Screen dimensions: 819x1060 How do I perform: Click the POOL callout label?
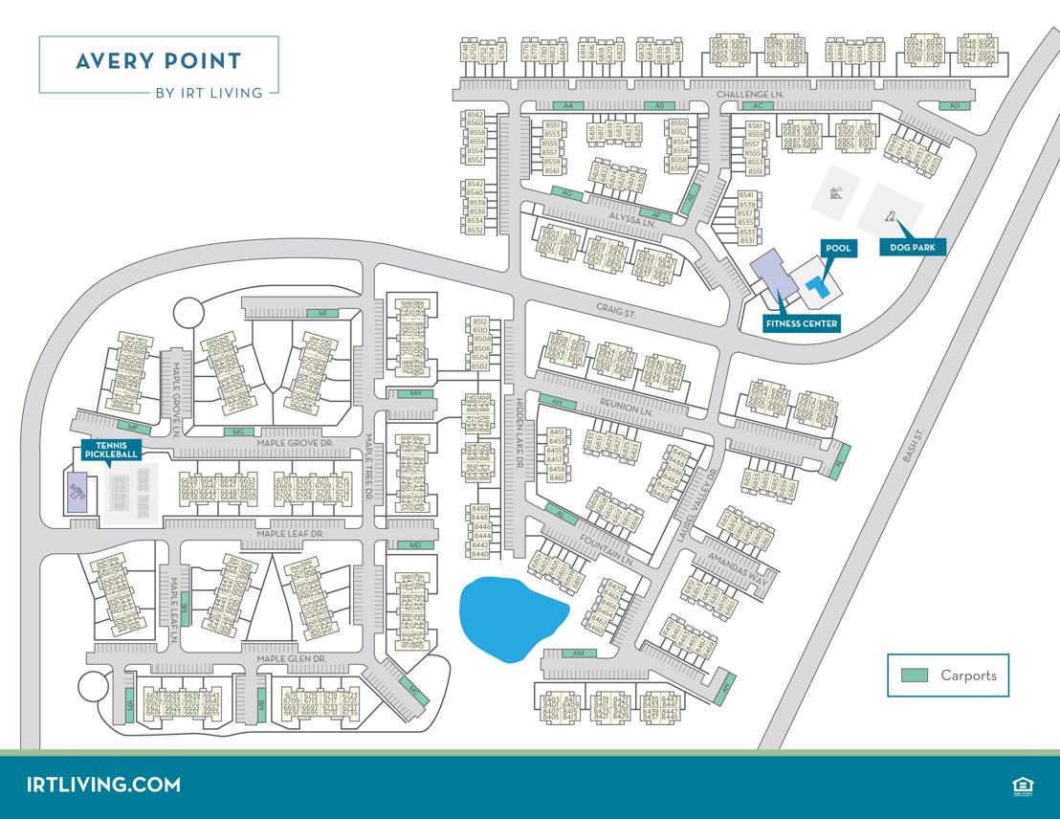point(838,249)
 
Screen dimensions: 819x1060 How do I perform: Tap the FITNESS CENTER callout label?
point(802,323)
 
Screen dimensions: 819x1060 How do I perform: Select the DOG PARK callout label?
point(913,248)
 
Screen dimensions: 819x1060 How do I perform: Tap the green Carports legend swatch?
point(915,675)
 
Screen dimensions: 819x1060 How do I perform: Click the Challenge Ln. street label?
point(750,95)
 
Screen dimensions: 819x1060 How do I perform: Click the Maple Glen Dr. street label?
point(291,659)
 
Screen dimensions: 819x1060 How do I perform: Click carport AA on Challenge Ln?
point(567,105)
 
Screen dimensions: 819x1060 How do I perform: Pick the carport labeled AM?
point(577,653)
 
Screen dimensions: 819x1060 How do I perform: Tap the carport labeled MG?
point(240,432)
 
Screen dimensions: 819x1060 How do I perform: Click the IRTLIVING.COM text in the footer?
point(104,785)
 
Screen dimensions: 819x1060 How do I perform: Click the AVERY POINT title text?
point(158,62)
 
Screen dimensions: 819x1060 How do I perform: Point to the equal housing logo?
point(1019,786)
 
